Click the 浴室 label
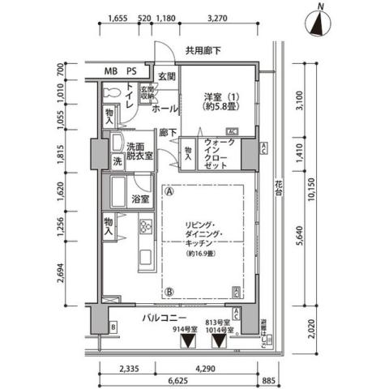point(141,199)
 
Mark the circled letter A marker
point(170,192)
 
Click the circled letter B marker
point(170,292)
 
